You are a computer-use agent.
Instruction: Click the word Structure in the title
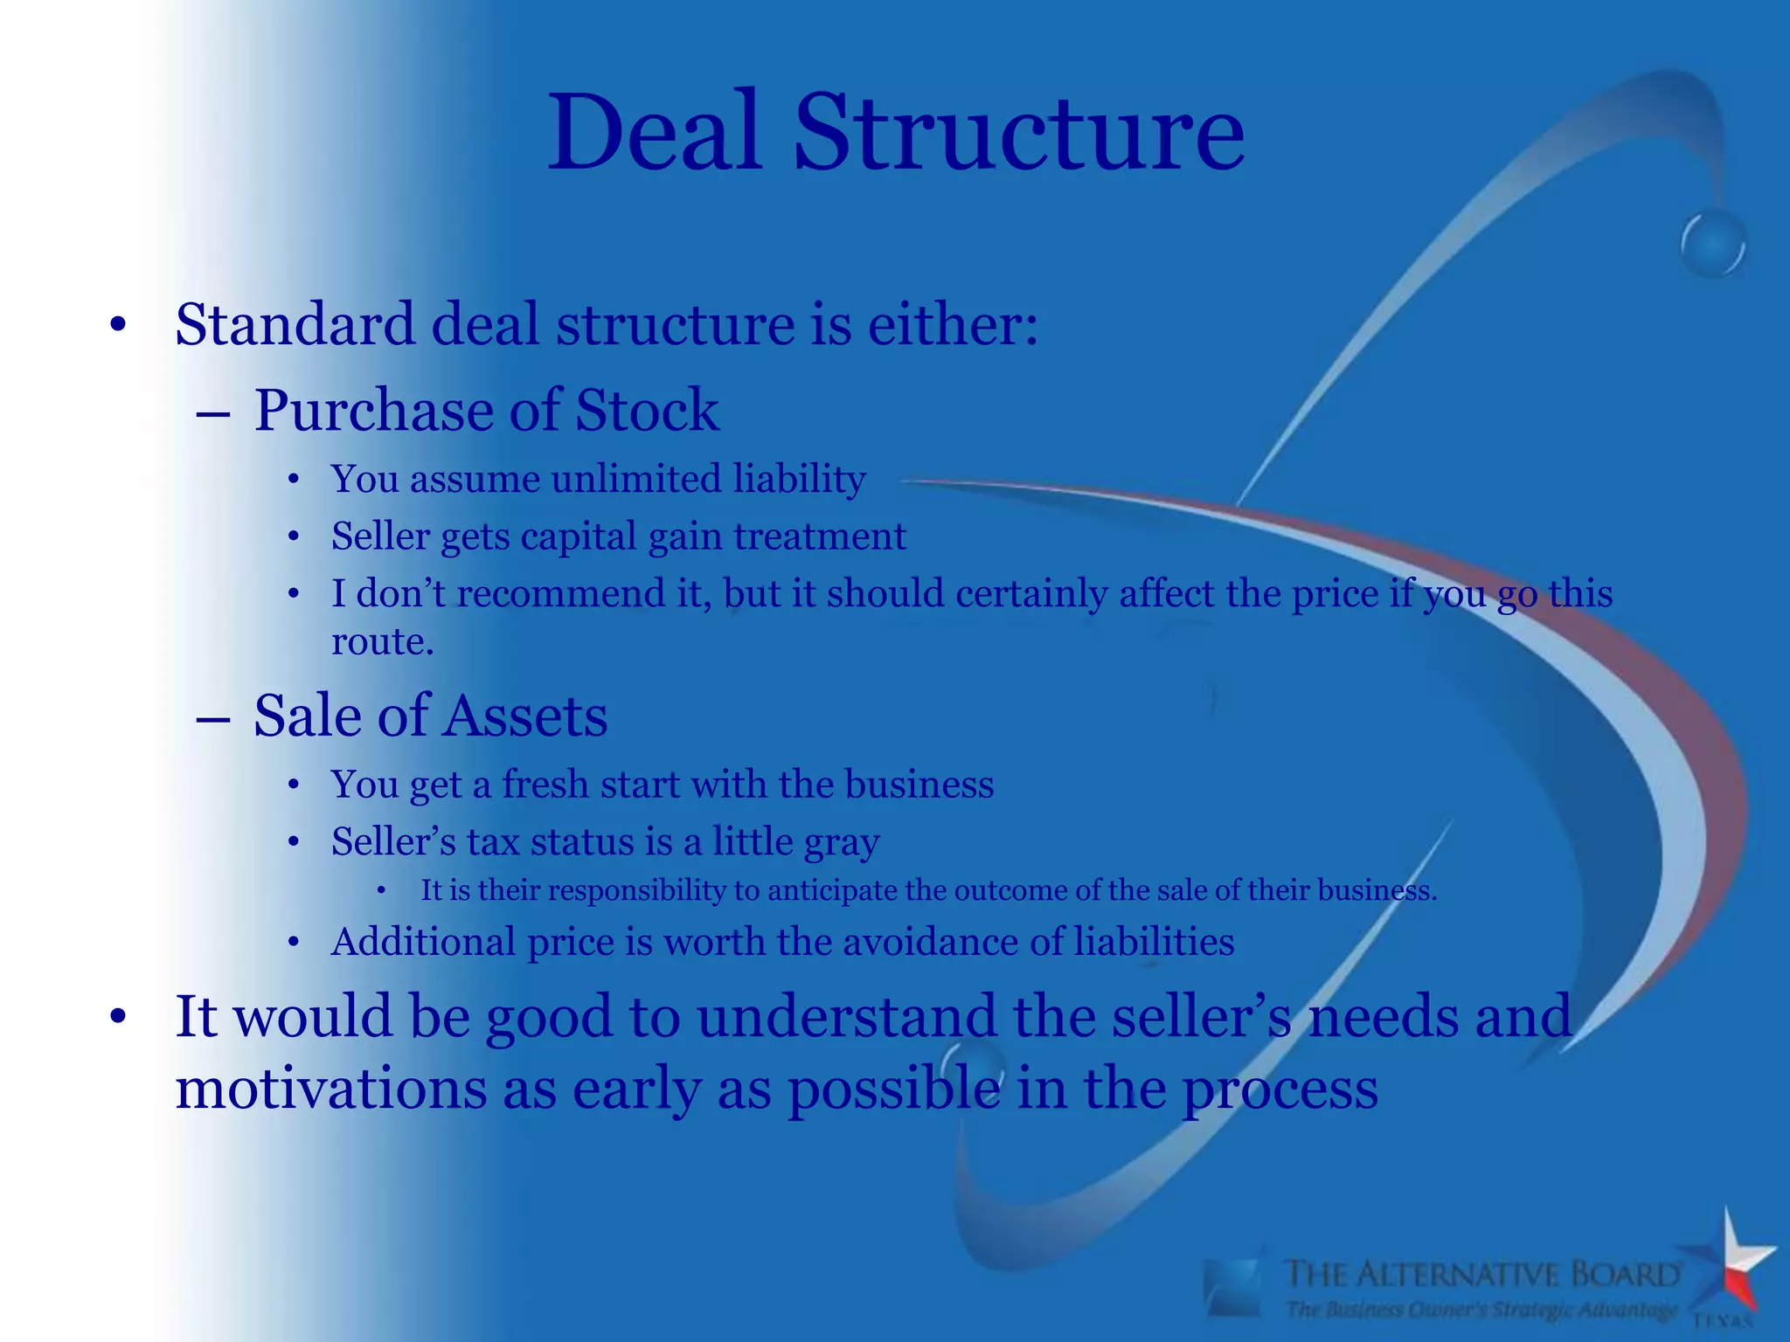(x=1018, y=133)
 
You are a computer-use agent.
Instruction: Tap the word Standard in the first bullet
(x=295, y=325)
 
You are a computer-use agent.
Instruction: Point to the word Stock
(x=647, y=410)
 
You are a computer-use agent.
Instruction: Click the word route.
(x=382, y=642)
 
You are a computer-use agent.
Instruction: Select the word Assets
(x=524, y=716)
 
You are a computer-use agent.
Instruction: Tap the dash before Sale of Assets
(x=213, y=718)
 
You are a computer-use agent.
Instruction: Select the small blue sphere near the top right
(x=1712, y=244)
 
